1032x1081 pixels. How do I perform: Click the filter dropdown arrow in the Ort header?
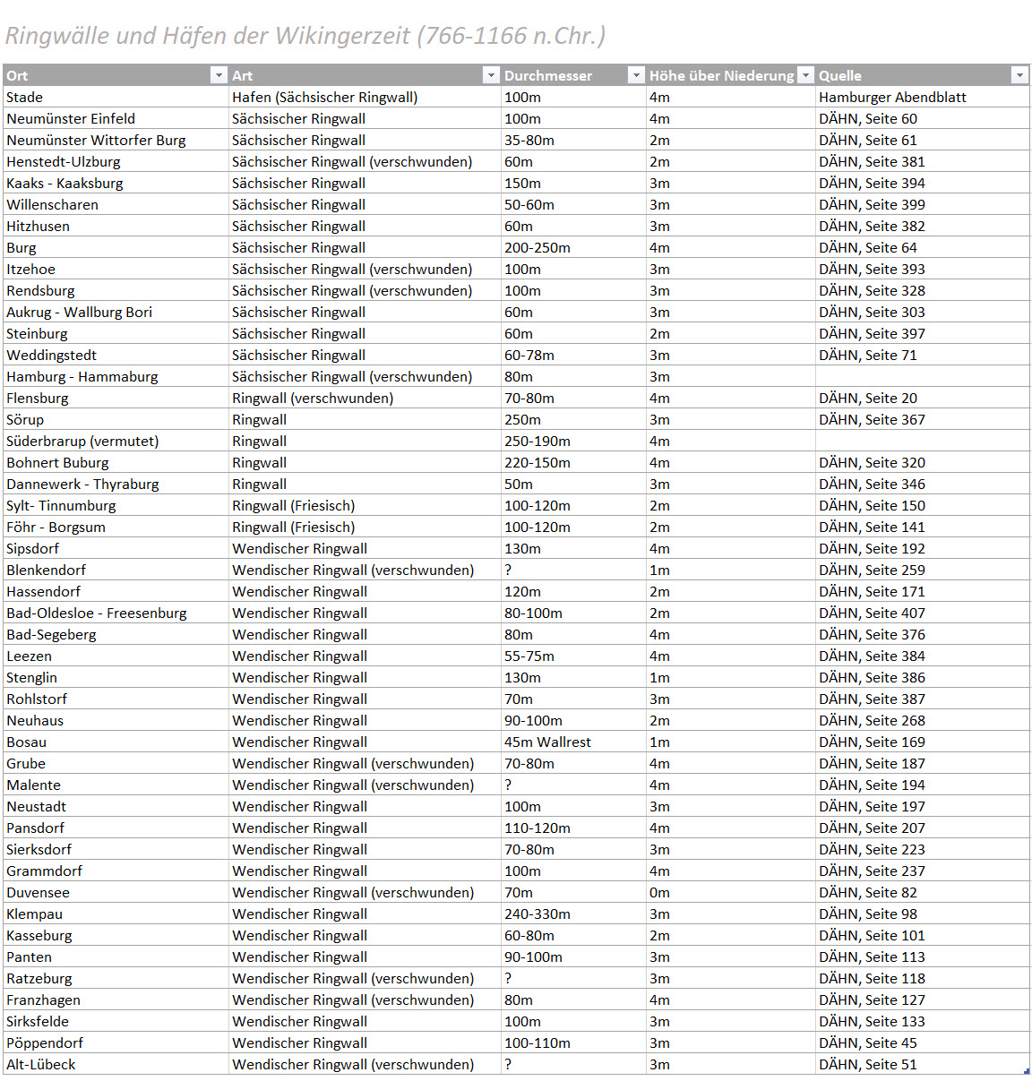[x=219, y=75]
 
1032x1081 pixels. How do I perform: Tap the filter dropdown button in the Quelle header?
[x=1019, y=75]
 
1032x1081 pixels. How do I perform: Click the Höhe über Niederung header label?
[x=721, y=76]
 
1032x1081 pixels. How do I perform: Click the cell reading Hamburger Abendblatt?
[x=892, y=98]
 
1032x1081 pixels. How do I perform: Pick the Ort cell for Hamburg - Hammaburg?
[x=82, y=377]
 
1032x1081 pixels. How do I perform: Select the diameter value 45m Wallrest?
[x=547, y=742]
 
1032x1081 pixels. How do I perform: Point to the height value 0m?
[x=659, y=893]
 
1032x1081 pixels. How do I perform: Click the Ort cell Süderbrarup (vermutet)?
[x=82, y=442]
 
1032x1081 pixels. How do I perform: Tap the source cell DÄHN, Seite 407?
[x=872, y=613]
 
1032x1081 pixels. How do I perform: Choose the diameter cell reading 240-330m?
[x=537, y=914]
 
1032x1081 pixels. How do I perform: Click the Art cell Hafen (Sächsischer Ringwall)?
[x=324, y=98]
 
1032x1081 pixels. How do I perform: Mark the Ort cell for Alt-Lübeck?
[x=41, y=1065]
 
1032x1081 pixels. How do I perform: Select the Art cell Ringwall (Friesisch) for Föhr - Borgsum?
[x=293, y=528]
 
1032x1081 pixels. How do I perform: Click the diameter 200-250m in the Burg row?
[x=537, y=248]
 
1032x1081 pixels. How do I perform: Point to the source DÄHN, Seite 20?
[x=868, y=399]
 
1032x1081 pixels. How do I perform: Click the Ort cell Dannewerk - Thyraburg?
[x=82, y=485]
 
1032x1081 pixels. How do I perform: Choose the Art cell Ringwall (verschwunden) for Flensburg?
[x=313, y=399]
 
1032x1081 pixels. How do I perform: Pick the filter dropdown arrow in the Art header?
[x=490, y=75]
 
